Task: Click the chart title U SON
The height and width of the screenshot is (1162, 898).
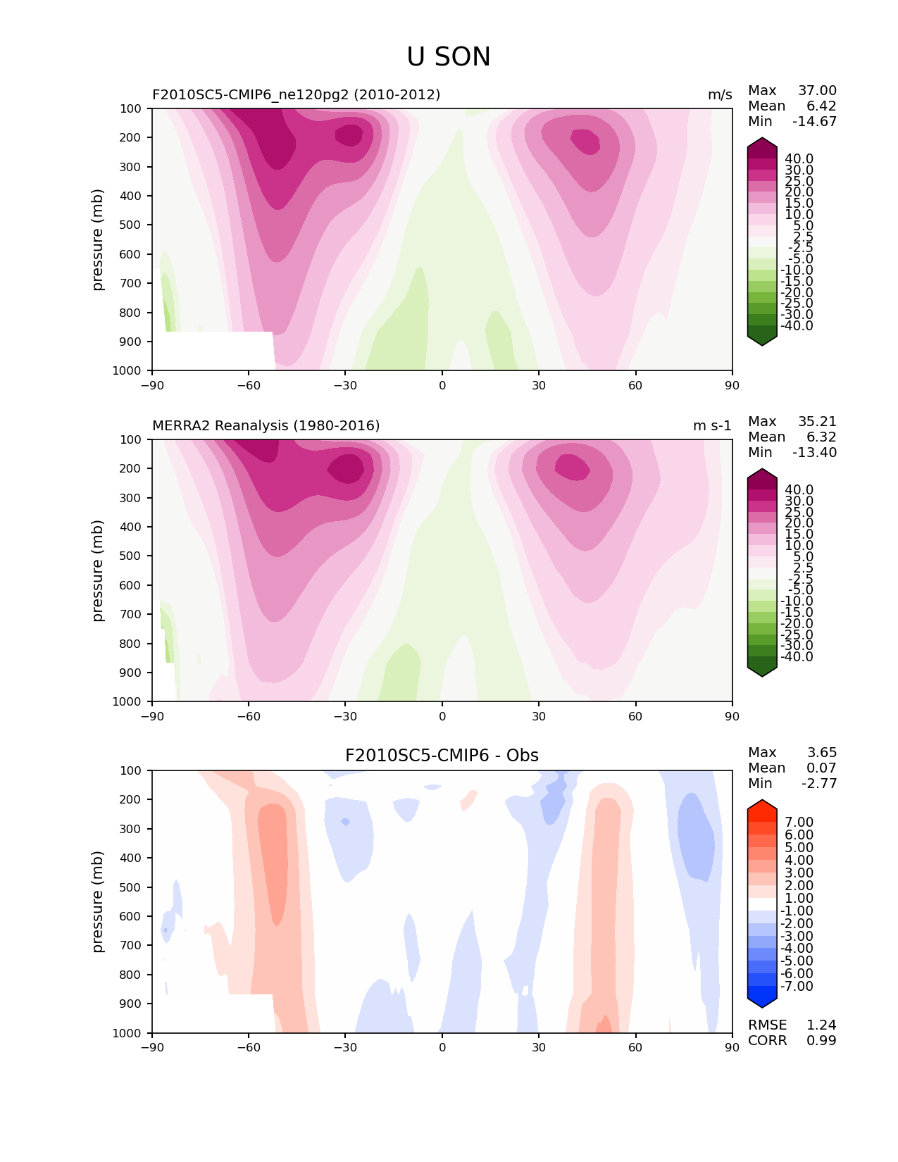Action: (449, 57)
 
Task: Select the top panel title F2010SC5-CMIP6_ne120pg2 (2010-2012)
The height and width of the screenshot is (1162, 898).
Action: (296, 94)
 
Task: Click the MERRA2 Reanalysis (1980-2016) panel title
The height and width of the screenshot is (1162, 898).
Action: (266, 425)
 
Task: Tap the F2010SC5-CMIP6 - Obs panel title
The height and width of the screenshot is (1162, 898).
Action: (442, 756)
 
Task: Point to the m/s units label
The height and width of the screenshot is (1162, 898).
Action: (720, 94)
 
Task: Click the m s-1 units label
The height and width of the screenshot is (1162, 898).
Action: (712, 425)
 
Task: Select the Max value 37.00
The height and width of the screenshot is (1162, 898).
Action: (817, 90)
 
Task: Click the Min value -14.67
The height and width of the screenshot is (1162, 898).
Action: (814, 121)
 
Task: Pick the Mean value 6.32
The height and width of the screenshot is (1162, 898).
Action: (821, 437)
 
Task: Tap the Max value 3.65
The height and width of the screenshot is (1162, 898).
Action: (821, 752)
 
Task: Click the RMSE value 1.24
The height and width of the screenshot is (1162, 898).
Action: (821, 1025)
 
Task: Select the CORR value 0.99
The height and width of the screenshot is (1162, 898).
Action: (821, 1040)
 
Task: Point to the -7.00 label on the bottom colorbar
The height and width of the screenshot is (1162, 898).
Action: (797, 986)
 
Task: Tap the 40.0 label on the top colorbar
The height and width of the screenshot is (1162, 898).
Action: (799, 158)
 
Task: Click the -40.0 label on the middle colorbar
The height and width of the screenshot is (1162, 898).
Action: (797, 656)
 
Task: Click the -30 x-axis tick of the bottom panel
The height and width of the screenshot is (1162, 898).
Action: (345, 1047)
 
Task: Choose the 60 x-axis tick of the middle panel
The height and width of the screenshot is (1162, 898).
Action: (635, 716)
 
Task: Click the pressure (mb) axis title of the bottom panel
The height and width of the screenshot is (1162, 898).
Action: (98, 901)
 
